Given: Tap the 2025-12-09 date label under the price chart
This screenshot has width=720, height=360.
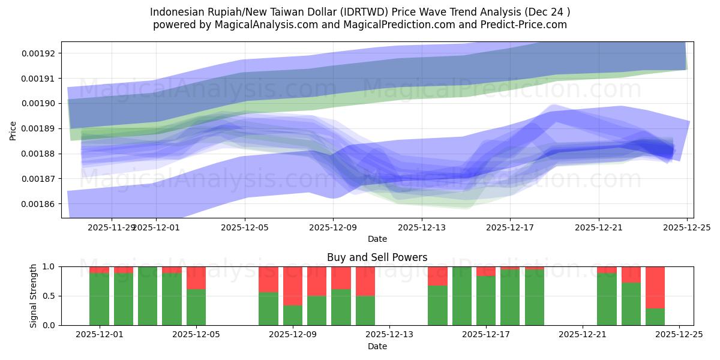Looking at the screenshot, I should pos(333,227).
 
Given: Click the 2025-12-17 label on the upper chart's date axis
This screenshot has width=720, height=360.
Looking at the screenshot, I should pos(510,227).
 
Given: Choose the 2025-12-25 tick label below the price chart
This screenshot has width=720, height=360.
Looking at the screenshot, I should pos(686,227).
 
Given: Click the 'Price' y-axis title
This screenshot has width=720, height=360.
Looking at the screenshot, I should pos(13,130).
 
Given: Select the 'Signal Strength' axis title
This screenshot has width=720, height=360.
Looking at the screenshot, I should pos(34,296).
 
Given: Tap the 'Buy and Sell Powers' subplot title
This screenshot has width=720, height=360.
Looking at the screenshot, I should pos(377,257).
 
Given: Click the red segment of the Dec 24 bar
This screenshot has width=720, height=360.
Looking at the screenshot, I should pos(655,287).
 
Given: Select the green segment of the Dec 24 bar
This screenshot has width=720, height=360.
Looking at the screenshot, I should pos(655,317).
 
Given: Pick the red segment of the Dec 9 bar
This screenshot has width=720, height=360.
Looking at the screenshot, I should pos(293,286).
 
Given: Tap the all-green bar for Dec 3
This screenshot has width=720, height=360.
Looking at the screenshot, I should pos(148,296).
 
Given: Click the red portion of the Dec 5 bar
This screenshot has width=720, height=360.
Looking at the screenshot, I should pos(196,278).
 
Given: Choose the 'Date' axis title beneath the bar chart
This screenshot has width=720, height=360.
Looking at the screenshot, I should pos(377,346).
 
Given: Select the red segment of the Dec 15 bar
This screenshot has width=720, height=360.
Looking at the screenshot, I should pos(437,276).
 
